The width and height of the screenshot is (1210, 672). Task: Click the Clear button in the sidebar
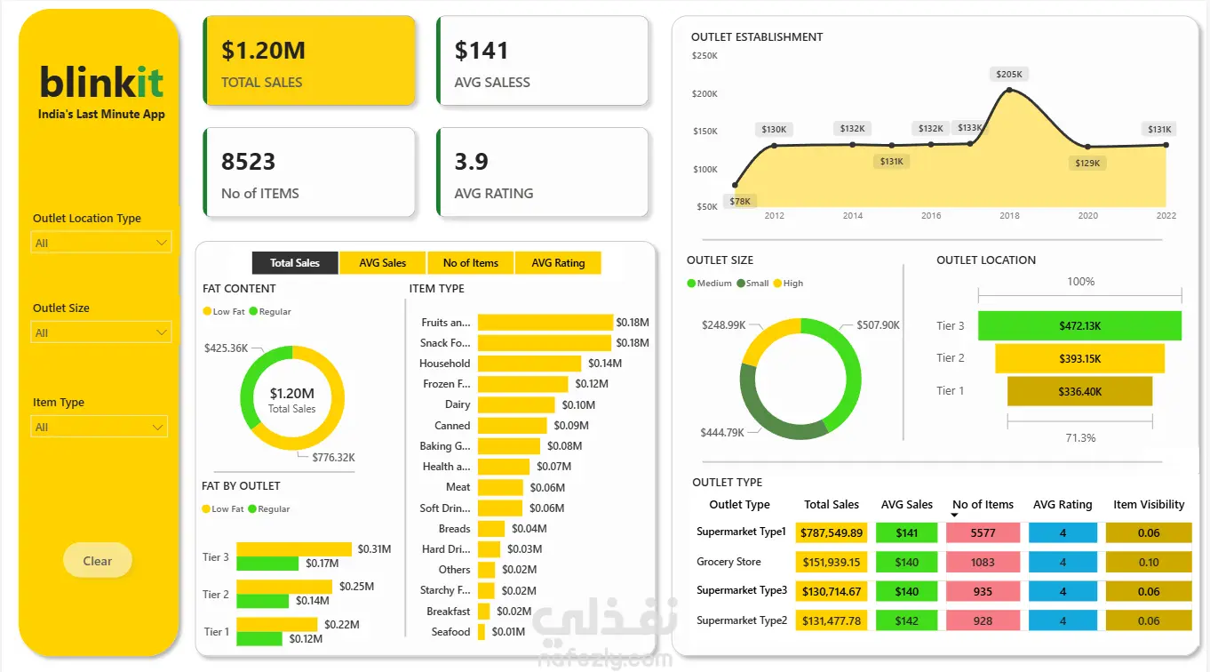click(x=98, y=561)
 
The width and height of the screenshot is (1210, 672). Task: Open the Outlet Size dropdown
click(x=100, y=332)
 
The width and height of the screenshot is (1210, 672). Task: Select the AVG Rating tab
click(x=558, y=263)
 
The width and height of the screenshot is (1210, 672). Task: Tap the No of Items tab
click(x=471, y=263)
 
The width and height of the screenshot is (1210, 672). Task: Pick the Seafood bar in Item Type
click(x=482, y=632)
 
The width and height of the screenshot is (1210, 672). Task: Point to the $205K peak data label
click(x=1009, y=75)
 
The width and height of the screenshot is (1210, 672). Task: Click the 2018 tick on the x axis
click(x=1009, y=216)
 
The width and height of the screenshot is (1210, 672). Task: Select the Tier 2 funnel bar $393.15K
click(x=1079, y=359)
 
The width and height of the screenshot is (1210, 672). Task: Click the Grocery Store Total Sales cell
click(x=832, y=563)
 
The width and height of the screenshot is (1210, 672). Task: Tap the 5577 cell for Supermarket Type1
click(x=983, y=533)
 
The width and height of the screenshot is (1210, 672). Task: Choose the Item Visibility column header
click(x=1149, y=505)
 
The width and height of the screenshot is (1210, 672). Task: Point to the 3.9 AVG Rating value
click(x=472, y=162)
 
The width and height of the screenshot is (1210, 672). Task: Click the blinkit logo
click(x=101, y=83)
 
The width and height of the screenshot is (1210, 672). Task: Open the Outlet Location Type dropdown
click(x=100, y=243)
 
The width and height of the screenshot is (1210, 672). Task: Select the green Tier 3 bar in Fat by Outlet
click(x=267, y=564)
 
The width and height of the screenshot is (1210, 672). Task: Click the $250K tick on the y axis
click(x=705, y=56)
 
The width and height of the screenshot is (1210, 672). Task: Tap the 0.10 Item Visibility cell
click(x=1149, y=563)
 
